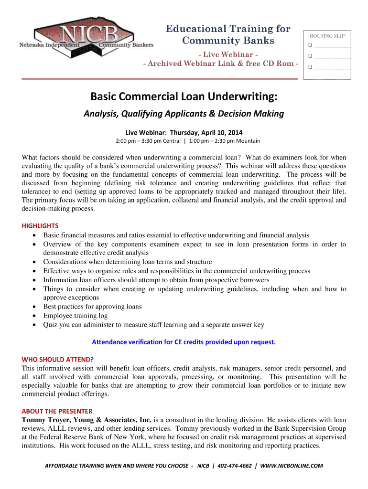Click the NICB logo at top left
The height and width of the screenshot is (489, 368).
pos(87,38)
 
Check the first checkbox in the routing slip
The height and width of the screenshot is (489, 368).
pos(310,46)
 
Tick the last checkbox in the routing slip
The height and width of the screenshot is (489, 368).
pos(310,67)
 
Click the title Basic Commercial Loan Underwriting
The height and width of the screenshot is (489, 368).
pos(184,97)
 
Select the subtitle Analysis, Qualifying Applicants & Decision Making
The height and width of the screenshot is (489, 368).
pos(184,114)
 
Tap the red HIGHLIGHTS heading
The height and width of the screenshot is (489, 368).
pos(40,226)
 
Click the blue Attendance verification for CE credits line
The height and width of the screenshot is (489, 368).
pos(184,342)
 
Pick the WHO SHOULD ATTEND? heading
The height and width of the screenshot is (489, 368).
pos(57,359)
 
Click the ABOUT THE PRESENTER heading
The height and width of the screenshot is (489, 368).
pos(57,411)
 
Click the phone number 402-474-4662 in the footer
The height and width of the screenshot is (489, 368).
pos(234,466)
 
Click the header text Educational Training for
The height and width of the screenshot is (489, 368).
pos(228,29)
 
